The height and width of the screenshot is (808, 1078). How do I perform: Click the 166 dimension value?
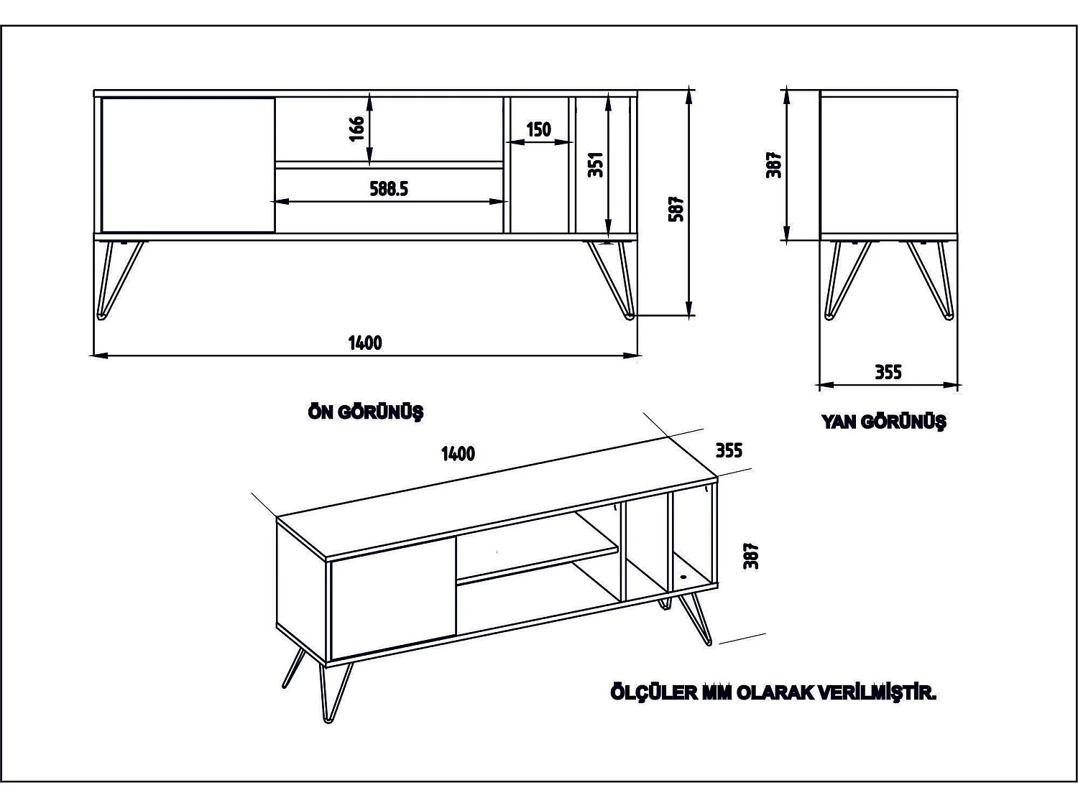357,129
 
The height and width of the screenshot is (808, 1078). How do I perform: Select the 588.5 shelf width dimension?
389,189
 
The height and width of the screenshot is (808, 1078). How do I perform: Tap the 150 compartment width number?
539,130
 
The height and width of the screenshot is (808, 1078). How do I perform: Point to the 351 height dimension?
596,164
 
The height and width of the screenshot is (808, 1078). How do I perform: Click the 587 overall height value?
676,208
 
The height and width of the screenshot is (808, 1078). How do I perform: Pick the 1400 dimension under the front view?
365,343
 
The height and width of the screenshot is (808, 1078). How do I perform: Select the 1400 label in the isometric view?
458,454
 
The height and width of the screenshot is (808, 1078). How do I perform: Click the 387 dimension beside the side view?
775,164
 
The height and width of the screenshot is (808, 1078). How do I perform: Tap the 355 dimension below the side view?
888,372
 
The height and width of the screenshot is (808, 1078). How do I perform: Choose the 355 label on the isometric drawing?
729,450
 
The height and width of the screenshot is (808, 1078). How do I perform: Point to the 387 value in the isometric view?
752,556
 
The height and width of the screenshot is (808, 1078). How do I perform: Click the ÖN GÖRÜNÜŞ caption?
366,412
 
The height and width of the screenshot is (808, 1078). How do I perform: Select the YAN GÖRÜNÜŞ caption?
884,422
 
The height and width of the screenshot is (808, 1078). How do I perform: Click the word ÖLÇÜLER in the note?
654,693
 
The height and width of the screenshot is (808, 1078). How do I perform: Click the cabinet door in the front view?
188,165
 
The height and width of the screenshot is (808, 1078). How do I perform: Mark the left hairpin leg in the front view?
118,280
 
